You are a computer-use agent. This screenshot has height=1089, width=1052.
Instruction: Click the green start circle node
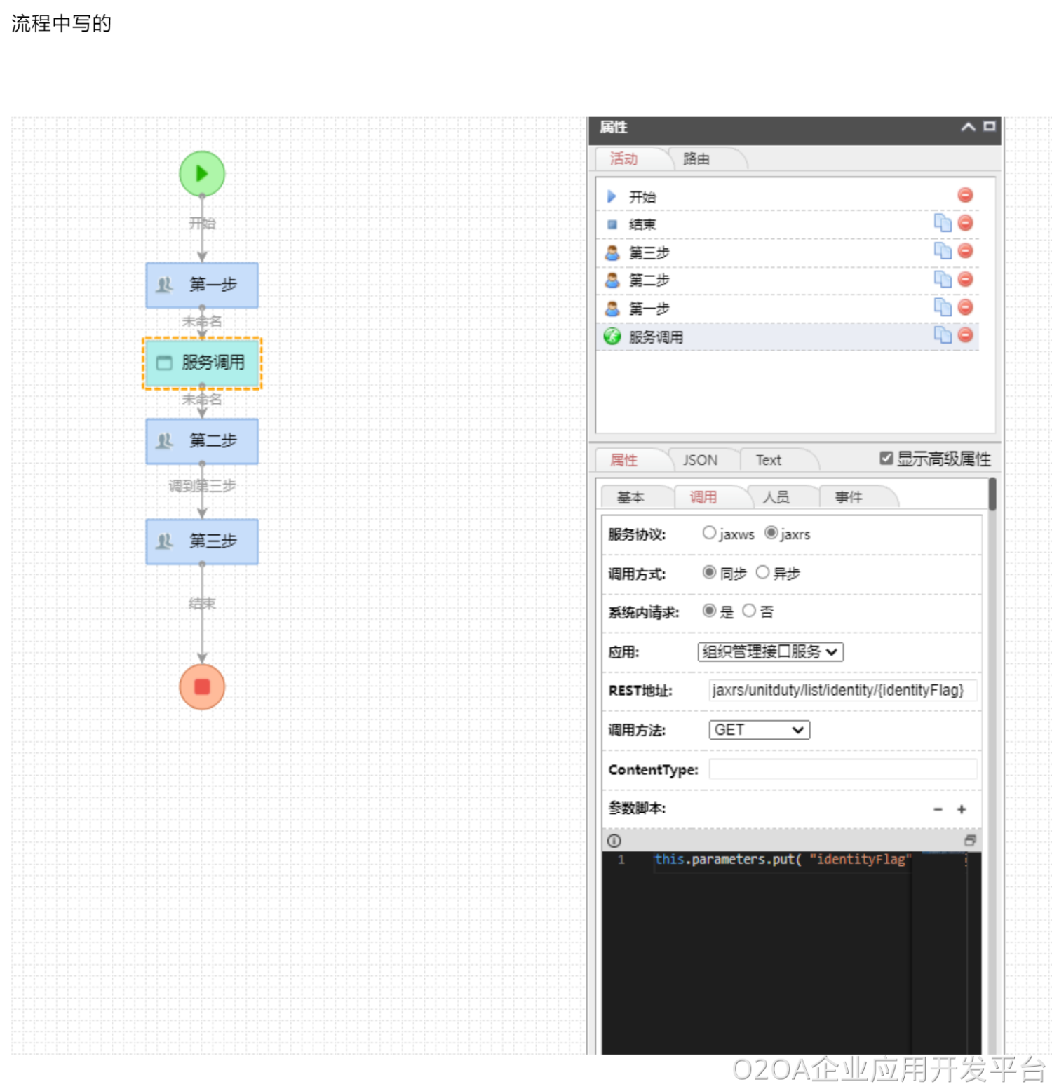click(202, 174)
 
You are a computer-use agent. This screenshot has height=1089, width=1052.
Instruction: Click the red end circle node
click(202, 686)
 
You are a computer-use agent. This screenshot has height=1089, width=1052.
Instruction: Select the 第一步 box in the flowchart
click(202, 285)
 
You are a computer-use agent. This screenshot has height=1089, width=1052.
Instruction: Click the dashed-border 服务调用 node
click(202, 363)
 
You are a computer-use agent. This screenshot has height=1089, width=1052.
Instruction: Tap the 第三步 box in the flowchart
click(202, 541)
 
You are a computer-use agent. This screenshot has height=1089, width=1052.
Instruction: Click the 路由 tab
click(696, 159)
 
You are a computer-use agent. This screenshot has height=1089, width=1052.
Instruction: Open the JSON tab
click(700, 460)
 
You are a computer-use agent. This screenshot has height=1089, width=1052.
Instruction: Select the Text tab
click(768, 460)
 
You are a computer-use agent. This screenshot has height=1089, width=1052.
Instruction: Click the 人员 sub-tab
click(776, 497)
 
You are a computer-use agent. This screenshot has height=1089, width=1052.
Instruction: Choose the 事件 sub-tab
click(849, 497)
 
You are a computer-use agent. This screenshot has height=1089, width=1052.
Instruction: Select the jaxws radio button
click(709, 533)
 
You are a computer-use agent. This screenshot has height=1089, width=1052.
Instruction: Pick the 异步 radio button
click(762, 572)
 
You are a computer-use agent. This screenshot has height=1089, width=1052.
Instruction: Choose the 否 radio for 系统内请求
click(749, 611)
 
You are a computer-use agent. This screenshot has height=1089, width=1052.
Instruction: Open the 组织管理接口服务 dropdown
click(770, 651)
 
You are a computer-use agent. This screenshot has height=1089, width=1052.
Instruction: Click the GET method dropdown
click(759, 730)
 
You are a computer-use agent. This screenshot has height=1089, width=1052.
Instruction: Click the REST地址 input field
click(842, 690)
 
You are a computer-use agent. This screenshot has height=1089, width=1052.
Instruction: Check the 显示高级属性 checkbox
click(886, 458)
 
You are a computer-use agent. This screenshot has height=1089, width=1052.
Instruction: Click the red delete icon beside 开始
click(965, 195)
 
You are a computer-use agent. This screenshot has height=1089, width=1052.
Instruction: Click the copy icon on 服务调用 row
click(943, 335)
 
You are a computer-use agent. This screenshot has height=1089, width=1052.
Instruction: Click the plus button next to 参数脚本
click(962, 809)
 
